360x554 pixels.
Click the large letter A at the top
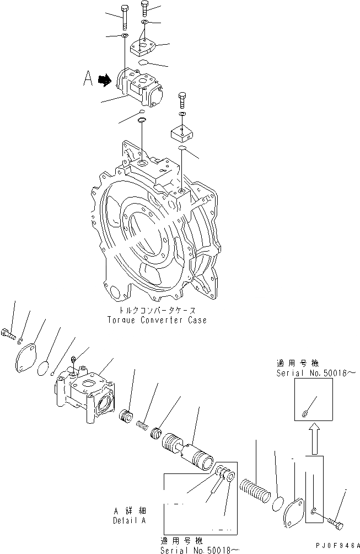[x=88, y=80]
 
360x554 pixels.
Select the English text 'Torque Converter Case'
[x=158, y=320]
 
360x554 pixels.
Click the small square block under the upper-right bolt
[x=181, y=131]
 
